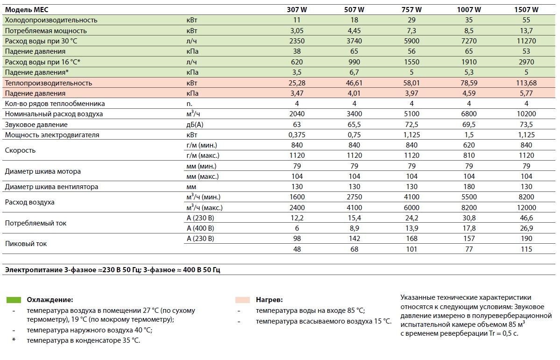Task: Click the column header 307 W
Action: (297, 9)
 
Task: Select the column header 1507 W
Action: (526, 9)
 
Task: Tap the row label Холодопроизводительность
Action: (51, 20)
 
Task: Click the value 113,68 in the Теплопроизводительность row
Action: (526, 83)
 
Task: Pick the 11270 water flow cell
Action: (526, 41)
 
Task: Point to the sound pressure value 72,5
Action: (411, 125)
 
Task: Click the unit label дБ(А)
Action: (195, 125)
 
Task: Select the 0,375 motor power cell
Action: (297, 135)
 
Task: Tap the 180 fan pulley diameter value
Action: (469, 187)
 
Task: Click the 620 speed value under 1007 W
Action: (469, 145)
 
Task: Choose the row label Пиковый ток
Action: (26, 244)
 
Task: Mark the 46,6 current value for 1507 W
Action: (526, 218)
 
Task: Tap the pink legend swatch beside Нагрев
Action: (243, 300)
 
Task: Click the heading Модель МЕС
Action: (27, 9)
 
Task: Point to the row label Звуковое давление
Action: (36, 125)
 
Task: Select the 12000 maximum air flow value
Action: (526, 208)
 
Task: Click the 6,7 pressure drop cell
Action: (354, 72)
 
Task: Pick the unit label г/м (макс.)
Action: (203, 155)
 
